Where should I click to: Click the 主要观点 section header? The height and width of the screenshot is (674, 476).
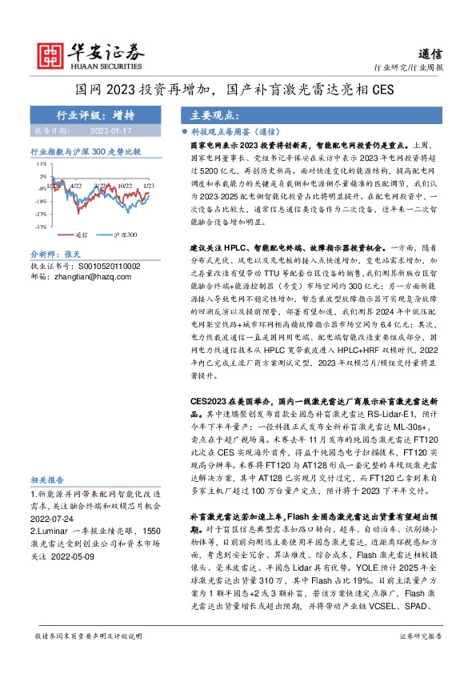[207, 114]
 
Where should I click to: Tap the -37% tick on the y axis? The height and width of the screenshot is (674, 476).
[38, 227]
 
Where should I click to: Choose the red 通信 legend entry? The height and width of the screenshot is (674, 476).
[74, 235]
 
